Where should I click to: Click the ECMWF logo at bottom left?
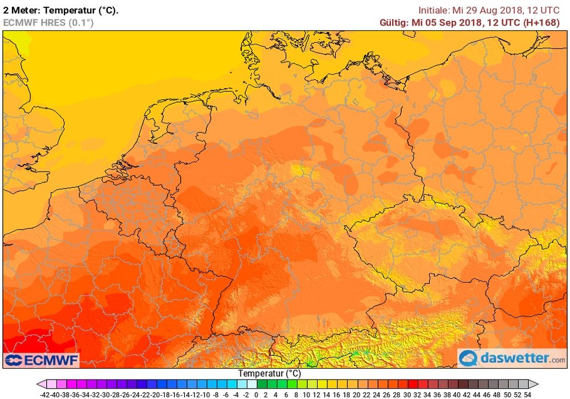point(42,360)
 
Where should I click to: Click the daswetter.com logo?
point(512,359)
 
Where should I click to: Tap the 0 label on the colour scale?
point(256,394)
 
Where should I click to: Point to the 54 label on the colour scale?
point(528,394)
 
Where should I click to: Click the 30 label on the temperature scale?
point(407,394)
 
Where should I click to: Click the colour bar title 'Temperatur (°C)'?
point(270,373)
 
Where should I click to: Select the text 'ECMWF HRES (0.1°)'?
point(48,22)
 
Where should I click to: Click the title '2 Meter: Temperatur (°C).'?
point(61,10)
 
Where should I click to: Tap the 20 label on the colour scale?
point(357,394)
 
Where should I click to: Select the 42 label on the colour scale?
point(467,394)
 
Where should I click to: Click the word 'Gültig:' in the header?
point(395,22)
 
